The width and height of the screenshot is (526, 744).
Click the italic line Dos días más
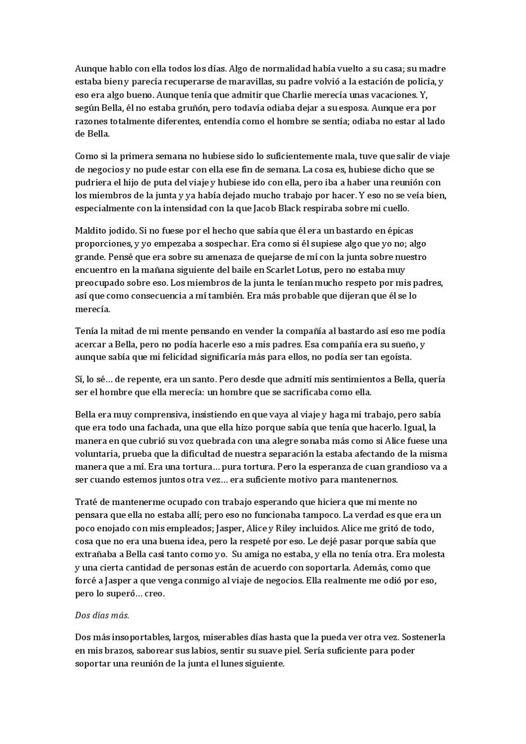coord(102,615)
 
